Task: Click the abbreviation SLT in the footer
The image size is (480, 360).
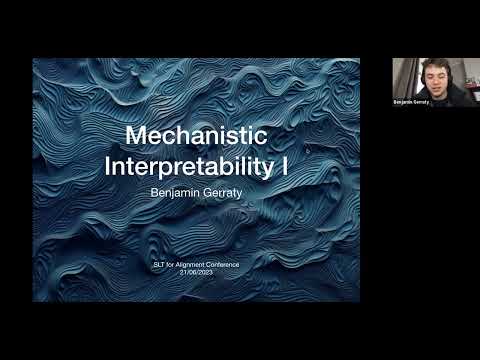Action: point(159,264)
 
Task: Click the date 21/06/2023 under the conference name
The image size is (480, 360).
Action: point(196,271)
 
